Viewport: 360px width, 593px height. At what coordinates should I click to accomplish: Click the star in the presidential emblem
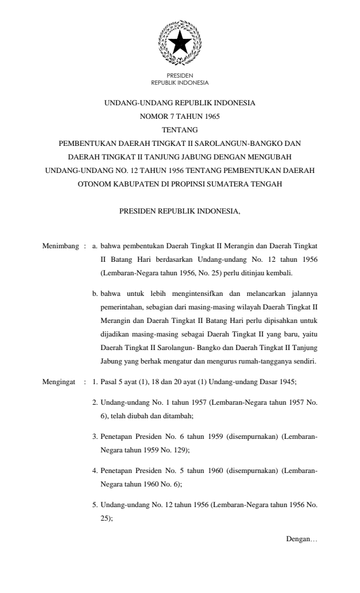click(179, 43)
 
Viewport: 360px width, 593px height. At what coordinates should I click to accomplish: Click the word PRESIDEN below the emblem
click(179, 76)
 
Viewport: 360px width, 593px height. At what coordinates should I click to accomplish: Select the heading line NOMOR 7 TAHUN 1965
click(179, 116)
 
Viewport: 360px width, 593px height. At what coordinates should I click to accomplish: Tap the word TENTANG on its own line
click(179, 129)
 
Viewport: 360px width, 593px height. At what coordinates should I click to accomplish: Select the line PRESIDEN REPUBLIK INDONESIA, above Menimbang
click(179, 210)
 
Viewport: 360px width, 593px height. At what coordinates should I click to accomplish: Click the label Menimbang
click(61, 243)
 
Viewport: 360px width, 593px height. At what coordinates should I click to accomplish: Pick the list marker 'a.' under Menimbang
click(95, 243)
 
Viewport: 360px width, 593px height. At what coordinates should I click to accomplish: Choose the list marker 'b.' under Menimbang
click(95, 292)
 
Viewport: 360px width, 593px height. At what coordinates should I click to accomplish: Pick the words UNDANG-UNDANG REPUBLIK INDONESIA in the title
click(179, 103)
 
